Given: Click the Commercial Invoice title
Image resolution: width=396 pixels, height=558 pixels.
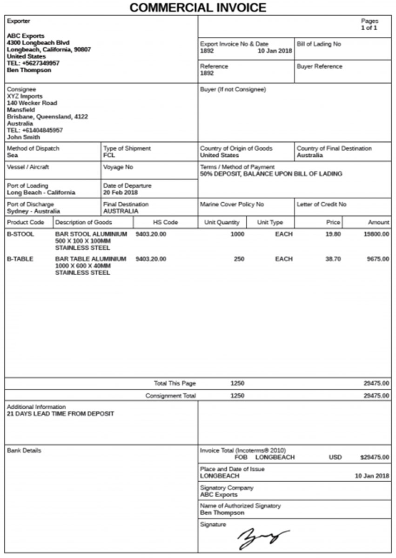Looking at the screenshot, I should click(198, 7).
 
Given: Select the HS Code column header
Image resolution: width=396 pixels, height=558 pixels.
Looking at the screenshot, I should click(165, 222).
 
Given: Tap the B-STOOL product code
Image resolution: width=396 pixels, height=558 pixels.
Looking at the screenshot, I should click(20, 234).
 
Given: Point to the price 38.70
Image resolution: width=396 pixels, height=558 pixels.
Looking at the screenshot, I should click(333, 259).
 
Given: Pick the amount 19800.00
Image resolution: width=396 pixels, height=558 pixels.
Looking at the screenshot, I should click(376, 234).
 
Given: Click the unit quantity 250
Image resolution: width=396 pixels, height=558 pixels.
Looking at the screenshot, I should click(239, 259).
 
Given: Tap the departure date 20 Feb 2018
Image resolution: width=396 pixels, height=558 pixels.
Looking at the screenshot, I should click(121, 193).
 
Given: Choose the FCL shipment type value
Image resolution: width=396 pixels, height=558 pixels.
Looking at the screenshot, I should click(109, 155).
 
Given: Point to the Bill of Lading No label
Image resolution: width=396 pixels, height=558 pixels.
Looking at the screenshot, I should click(319, 44).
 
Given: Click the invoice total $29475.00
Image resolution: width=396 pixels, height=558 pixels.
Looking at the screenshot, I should click(375, 458).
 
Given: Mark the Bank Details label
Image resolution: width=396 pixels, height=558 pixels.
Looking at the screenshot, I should click(24, 451).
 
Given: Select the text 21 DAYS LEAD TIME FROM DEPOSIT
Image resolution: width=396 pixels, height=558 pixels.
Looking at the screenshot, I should click(60, 414).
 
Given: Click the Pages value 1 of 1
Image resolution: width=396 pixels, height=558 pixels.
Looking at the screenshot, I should click(369, 28).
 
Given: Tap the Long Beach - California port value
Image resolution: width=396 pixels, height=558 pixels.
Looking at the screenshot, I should click(41, 193).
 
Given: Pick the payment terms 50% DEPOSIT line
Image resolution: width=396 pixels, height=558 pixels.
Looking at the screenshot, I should click(271, 174).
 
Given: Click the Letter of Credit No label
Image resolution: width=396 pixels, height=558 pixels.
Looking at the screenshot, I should click(322, 204).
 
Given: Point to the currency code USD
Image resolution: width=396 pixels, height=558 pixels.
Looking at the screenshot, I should click(335, 458).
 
